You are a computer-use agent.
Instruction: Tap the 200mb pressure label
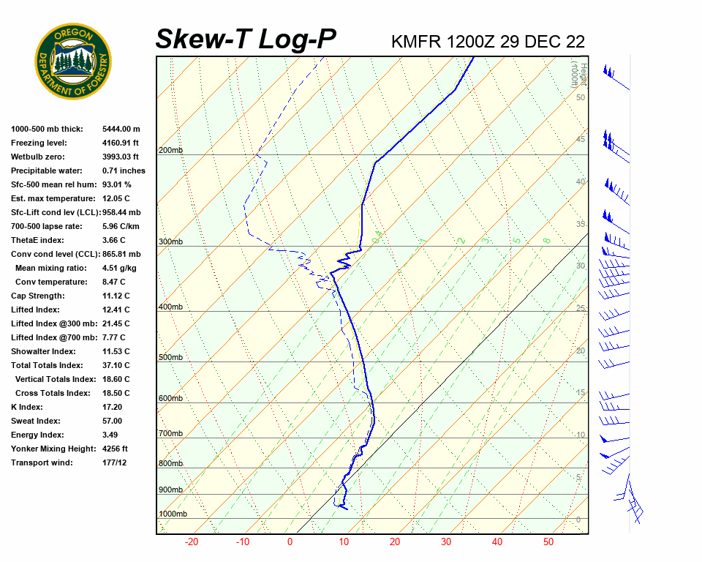click(x=170, y=151)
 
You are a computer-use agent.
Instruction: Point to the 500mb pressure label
click(x=170, y=358)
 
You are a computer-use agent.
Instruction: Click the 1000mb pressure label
click(x=173, y=514)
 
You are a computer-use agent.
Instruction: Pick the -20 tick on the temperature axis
click(x=192, y=542)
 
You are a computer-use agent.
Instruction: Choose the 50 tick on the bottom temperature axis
click(x=548, y=542)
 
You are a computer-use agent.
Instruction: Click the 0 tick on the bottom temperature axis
click(x=290, y=542)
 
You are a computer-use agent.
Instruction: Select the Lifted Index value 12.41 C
click(x=116, y=310)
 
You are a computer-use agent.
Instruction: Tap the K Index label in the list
click(x=26, y=407)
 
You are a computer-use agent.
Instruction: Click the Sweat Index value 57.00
click(x=112, y=421)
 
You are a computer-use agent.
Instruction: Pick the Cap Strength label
click(x=37, y=296)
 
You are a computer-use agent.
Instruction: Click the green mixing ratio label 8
click(x=546, y=240)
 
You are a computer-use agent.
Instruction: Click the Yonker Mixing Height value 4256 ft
click(x=115, y=449)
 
